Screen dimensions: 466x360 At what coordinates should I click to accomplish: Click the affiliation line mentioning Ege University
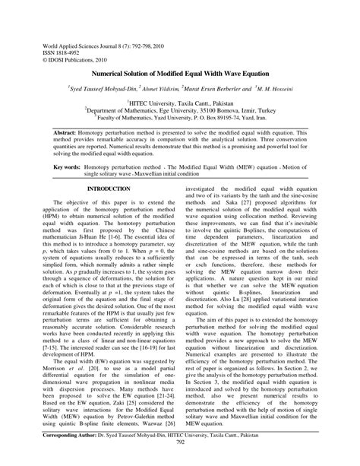180,111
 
